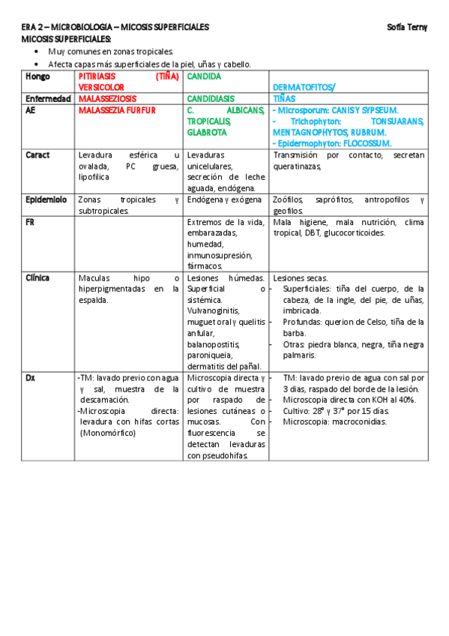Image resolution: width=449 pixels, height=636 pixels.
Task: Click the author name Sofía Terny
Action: tap(407, 27)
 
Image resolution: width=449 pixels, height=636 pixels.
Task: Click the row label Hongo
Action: tap(37, 76)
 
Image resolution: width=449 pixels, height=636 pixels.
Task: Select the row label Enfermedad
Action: tap(49, 98)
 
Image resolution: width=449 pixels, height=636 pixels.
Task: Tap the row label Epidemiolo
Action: tap(46, 200)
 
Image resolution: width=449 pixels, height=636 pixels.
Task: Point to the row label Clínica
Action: tap(38, 277)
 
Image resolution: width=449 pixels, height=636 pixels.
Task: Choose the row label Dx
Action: tap(30, 378)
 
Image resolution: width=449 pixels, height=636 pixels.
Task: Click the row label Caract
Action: tap(37, 155)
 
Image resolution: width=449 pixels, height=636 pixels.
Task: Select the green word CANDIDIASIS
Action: tap(211, 98)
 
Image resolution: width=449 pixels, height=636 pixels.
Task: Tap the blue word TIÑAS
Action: tap(284, 98)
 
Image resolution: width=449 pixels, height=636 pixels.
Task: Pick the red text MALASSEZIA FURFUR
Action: tap(117, 110)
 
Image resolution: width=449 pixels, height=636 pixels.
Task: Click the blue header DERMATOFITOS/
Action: tap(304, 88)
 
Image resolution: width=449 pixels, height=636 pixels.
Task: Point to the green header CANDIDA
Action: tap(204, 76)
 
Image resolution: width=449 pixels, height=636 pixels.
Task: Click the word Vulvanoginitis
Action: tap(213, 310)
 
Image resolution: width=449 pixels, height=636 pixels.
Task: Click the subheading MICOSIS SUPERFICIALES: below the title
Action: tap(66, 38)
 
